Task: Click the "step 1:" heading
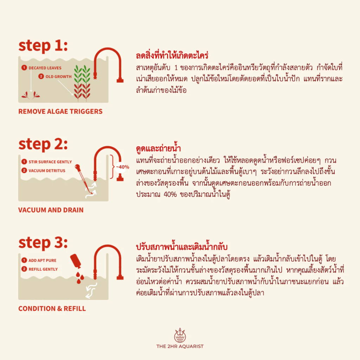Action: click(43, 46)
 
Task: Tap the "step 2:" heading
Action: click(43, 144)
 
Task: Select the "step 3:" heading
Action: click(43, 243)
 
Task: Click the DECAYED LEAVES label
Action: click(45, 68)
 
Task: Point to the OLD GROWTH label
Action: click(59, 76)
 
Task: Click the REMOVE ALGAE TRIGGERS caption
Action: click(60, 111)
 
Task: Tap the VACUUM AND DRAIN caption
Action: click(51, 210)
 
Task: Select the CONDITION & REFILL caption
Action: click(52, 308)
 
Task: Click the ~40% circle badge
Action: click(122, 167)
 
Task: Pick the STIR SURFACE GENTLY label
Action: click(50, 162)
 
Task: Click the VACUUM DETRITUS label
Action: click(47, 171)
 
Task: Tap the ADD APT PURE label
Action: click(43, 261)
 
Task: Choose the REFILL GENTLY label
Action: click(43, 269)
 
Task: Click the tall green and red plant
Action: click(82, 83)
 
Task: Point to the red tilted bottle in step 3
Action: click(76, 261)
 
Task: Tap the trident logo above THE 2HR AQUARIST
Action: click(180, 335)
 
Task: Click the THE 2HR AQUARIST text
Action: click(180, 346)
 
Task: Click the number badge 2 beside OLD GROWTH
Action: click(41, 76)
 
